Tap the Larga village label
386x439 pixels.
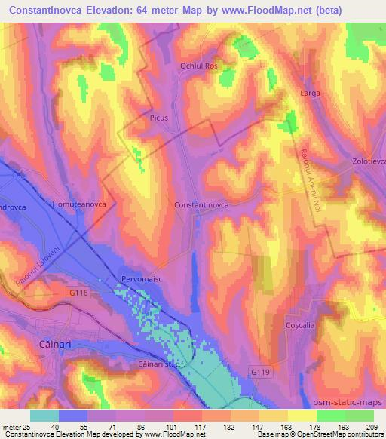point(310,94)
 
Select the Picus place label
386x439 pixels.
point(158,118)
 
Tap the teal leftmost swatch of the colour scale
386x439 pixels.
point(44,416)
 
